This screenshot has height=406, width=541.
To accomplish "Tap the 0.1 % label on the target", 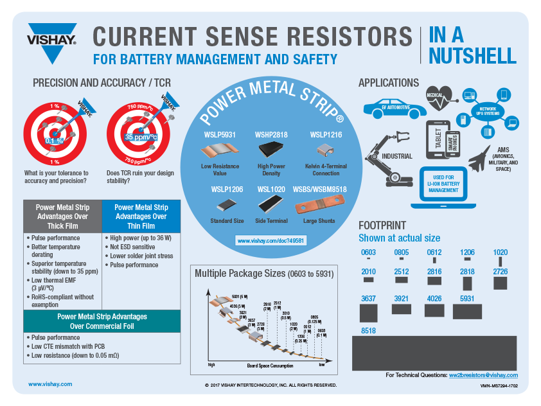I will tap(54, 140).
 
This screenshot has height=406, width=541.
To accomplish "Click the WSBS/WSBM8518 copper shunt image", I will tap(319, 207).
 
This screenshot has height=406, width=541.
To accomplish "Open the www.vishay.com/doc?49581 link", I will tap(270, 240).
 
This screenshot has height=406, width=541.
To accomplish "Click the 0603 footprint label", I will tap(368, 252).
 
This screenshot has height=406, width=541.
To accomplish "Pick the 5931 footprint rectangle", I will tap(467, 312).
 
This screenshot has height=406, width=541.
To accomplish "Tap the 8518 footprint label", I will tap(368, 331).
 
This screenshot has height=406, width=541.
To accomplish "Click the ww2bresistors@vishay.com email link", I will tap(483, 375).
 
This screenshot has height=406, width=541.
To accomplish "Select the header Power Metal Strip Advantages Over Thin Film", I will tap(141, 216).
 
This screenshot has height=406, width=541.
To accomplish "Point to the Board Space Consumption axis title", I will tap(270, 366).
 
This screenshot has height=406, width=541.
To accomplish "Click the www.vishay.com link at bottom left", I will tap(50, 384).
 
